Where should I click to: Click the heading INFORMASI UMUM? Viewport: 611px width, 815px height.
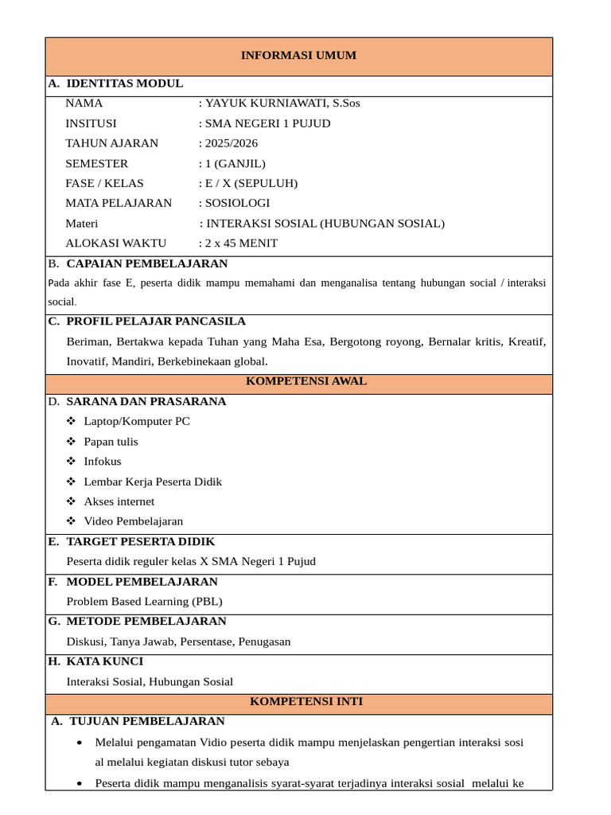click(x=298, y=56)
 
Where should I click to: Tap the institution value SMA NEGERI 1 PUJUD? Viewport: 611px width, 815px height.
click(x=268, y=123)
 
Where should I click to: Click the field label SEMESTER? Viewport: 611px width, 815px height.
click(x=96, y=163)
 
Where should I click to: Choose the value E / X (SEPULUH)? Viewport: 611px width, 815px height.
click(x=251, y=183)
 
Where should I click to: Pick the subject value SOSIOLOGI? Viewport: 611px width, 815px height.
click(x=238, y=203)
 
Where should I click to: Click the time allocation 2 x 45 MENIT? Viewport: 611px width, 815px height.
click(x=241, y=244)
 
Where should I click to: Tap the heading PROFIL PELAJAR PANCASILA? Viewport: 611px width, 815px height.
click(x=156, y=322)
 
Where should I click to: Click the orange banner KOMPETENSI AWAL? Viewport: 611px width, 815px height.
click(x=306, y=381)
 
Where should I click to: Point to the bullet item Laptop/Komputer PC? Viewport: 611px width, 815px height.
click(x=137, y=422)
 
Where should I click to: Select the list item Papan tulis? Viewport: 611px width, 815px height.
click(x=111, y=442)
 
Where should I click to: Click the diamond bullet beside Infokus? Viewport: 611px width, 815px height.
click(x=72, y=462)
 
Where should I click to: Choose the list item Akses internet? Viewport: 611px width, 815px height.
click(x=119, y=501)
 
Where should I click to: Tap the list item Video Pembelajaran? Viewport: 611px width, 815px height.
click(x=133, y=521)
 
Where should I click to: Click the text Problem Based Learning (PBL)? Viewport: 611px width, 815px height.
click(x=144, y=602)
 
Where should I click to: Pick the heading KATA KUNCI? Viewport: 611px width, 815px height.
click(x=105, y=661)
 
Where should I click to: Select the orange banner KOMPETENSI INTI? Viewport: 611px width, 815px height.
click(x=306, y=702)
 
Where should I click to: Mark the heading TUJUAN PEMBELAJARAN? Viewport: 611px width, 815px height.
click(x=147, y=722)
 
